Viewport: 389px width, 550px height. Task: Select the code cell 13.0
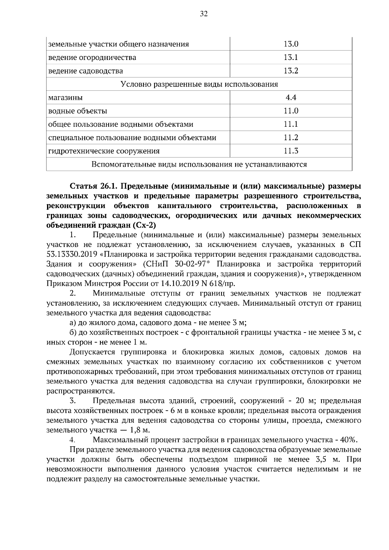click(x=291, y=44)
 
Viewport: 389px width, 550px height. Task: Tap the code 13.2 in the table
click(x=291, y=71)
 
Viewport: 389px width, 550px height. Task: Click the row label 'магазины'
click(x=65, y=98)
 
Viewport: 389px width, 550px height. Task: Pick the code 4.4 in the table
click(x=291, y=98)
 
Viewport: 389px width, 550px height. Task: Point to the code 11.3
click(x=291, y=151)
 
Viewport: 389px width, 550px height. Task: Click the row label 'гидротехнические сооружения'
click(x=104, y=151)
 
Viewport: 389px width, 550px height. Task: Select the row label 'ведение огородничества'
click(x=92, y=58)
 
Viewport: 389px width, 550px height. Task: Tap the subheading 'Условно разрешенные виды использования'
click(x=199, y=84)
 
